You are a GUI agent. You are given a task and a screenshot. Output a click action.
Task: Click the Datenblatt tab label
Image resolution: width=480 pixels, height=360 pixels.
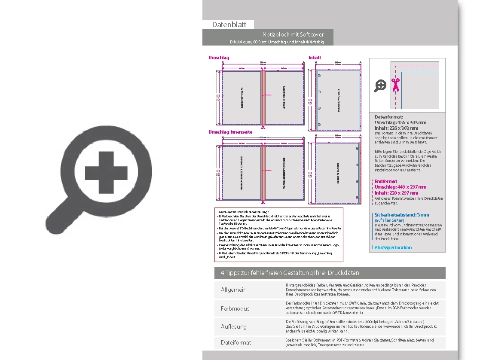coord(229,24)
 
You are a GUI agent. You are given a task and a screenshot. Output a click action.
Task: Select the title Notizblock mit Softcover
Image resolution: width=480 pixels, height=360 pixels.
coord(293,34)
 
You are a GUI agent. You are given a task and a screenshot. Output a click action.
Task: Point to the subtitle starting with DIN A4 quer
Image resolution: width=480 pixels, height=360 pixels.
coord(277,42)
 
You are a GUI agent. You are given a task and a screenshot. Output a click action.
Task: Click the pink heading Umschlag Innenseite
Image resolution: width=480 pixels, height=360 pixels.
coord(230,132)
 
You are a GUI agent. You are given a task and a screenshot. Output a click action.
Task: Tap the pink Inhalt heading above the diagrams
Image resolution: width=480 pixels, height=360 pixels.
coord(315,58)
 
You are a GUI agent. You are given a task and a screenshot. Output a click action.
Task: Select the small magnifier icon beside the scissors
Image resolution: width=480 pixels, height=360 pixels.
coord(380,85)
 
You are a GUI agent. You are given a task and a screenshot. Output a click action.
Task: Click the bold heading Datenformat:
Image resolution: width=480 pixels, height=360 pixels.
coord(389,117)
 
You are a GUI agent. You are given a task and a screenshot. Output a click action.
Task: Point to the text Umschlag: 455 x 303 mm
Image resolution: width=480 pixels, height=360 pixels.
coord(401,122)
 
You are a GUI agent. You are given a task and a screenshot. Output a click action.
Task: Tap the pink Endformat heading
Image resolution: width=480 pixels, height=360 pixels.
coord(386,181)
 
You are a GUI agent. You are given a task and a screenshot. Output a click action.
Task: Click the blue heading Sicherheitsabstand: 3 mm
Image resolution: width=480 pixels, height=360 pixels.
coord(402,215)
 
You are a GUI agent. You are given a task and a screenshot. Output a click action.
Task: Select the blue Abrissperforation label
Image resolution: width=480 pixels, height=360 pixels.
coord(393,247)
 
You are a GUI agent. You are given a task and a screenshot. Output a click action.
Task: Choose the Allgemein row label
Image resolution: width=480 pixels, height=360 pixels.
coord(234,290)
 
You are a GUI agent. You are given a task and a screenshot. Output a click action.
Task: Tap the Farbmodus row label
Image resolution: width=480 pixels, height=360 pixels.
coord(235,308)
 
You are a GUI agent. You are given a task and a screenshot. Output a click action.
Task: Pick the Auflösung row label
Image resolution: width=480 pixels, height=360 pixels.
coord(234,326)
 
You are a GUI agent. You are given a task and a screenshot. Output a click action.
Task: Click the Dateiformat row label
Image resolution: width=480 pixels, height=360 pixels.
coord(236,342)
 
